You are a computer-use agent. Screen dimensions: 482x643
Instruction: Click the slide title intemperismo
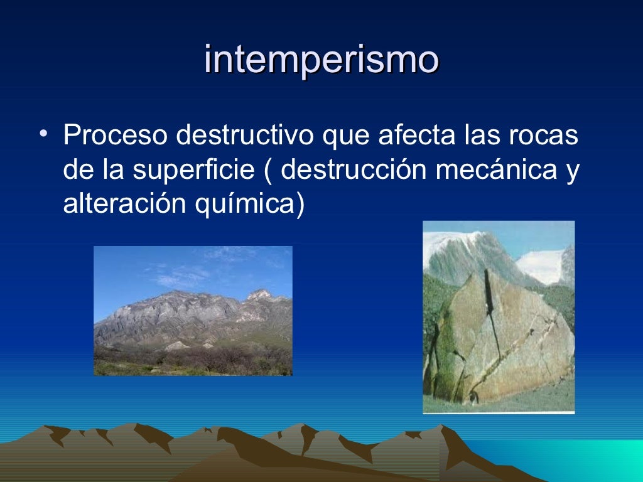tap(321, 60)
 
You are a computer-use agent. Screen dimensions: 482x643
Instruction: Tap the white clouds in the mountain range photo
tap(182, 275)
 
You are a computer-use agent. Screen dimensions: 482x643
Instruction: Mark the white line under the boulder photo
tap(499, 412)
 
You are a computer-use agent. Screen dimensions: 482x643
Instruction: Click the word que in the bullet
tap(345, 137)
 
